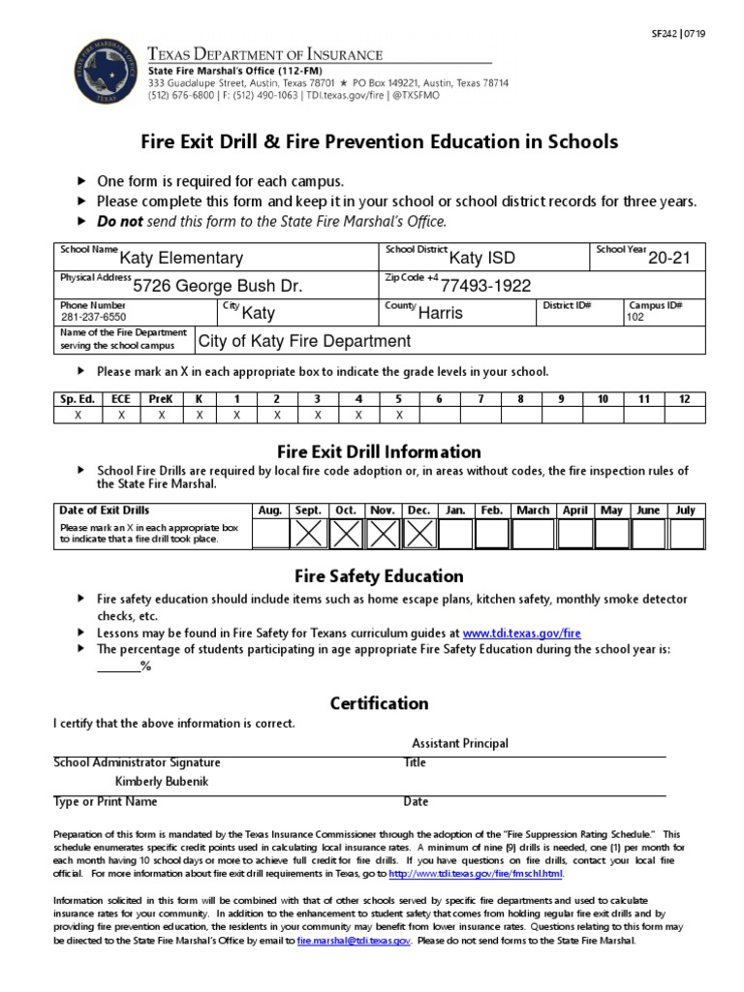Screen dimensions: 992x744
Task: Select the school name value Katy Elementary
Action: pyautogui.click(x=181, y=259)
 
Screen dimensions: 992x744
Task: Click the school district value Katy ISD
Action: pyautogui.click(x=482, y=259)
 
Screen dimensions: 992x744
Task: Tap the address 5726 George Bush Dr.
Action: pyautogui.click(x=217, y=286)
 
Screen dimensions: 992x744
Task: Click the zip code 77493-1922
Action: pyautogui.click(x=485, y=286)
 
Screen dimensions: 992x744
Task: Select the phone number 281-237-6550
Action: pyautogui.click(x=93, y=317)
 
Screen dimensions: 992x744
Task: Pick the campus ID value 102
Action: pyautogui.click(x=635, y=317)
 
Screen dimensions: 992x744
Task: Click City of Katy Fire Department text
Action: pyautogui.click(x=304, y=341)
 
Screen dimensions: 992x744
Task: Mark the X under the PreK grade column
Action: pyautogui.click(x=162, y=415)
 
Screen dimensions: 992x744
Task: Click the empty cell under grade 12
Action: pyautogui.click(x=684, y=415)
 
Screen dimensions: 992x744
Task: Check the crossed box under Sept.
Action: pyautogui.click(x=308, y=533)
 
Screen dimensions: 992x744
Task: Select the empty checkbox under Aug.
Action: pyautogui.click(x=270, y=533)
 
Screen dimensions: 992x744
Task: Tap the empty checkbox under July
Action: pyautogui.click(x=685, y=533)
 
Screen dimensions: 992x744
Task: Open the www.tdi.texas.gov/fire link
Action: pyautogui.click(x=521, y=633)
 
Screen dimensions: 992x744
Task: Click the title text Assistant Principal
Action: pyautogui.click(x=459, y=743)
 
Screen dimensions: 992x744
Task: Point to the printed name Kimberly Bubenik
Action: pyautogui.click(x=162, y=782)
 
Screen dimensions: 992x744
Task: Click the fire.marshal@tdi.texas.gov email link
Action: pyautogui.click(x=355, y=941)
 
